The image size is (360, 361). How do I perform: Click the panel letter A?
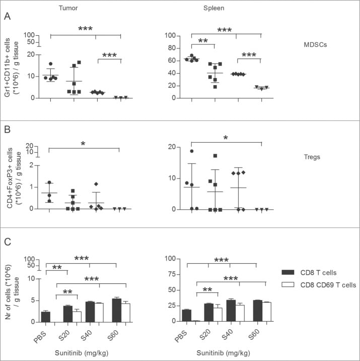tap(7, 17)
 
